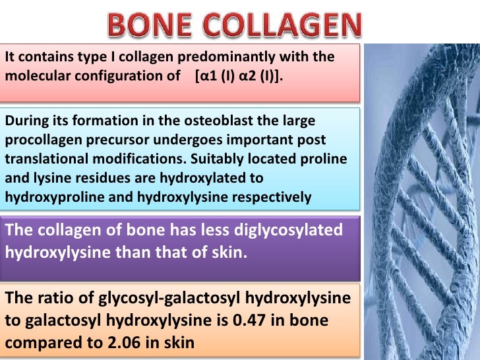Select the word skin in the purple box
(x=230, y=251)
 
